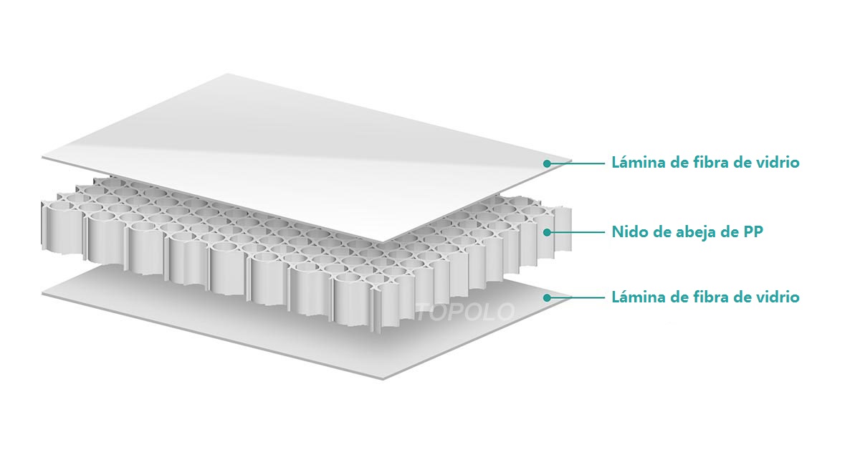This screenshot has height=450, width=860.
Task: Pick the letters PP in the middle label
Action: point(753,231)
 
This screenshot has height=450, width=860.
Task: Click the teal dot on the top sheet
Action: point(547,163)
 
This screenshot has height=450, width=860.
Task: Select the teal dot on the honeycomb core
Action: point(547,232)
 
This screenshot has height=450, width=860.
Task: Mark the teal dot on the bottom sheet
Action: point(547,297)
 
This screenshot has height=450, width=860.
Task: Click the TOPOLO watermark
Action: point(465,312)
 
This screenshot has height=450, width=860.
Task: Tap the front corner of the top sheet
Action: point(383,242)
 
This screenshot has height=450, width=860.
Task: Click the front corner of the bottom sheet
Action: point(383,379)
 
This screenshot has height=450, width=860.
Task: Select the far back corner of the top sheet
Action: point(228,74)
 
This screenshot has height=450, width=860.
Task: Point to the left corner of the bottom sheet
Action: point(42,294)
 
